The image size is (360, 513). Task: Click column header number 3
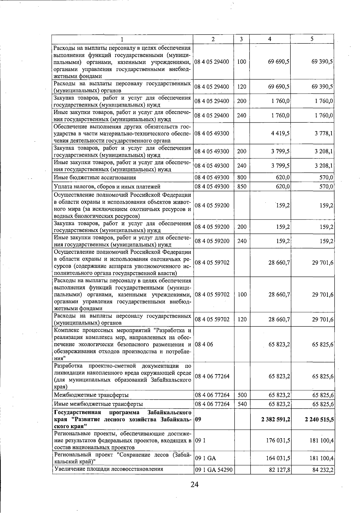241,39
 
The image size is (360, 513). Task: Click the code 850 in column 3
241,187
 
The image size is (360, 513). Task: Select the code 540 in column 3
241,404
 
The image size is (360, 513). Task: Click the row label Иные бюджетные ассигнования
94,178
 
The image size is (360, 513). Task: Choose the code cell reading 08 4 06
204,344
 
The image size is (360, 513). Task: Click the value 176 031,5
278,441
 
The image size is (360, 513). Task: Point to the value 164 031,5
278,458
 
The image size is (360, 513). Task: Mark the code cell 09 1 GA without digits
205,458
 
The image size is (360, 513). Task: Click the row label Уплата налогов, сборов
107,187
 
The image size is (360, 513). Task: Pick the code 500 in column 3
241,395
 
